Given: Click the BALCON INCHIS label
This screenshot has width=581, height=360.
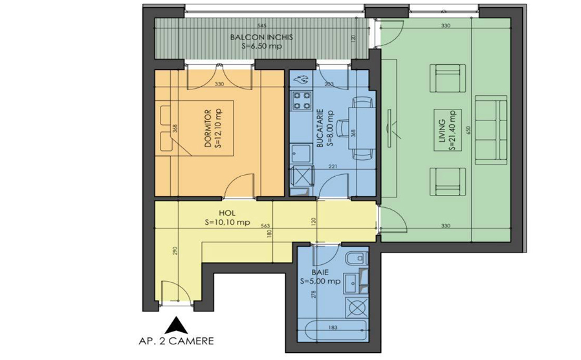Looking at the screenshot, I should click(x=261, y=38).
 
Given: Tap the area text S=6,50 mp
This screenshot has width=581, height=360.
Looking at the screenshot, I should click(x=261, y=47).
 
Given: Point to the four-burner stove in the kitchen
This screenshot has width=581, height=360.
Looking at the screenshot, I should click(x=301, y=102).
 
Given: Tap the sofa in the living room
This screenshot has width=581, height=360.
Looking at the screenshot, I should click(x=490, y=129).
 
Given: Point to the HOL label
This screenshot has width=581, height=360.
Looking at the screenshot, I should click(x=226, y=212).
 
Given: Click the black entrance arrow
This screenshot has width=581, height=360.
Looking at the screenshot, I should click(x=174, y=324).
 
